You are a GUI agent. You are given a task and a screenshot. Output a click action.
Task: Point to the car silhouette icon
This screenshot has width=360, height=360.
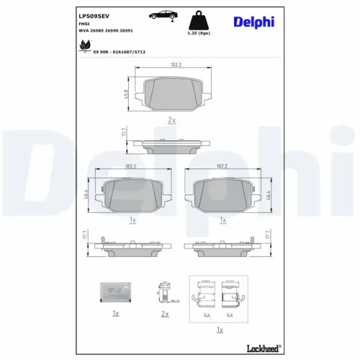pos(164,15)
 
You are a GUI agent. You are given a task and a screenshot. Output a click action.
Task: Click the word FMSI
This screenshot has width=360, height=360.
pos(83,24)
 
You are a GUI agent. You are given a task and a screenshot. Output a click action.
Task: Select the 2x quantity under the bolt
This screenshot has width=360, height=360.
pos(165,314)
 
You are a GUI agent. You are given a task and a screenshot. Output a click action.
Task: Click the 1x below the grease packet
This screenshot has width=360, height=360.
pos(115,314)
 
